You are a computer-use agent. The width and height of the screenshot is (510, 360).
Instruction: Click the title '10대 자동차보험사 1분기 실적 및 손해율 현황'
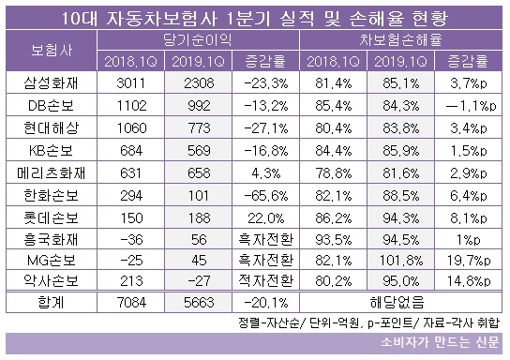[255, 17]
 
